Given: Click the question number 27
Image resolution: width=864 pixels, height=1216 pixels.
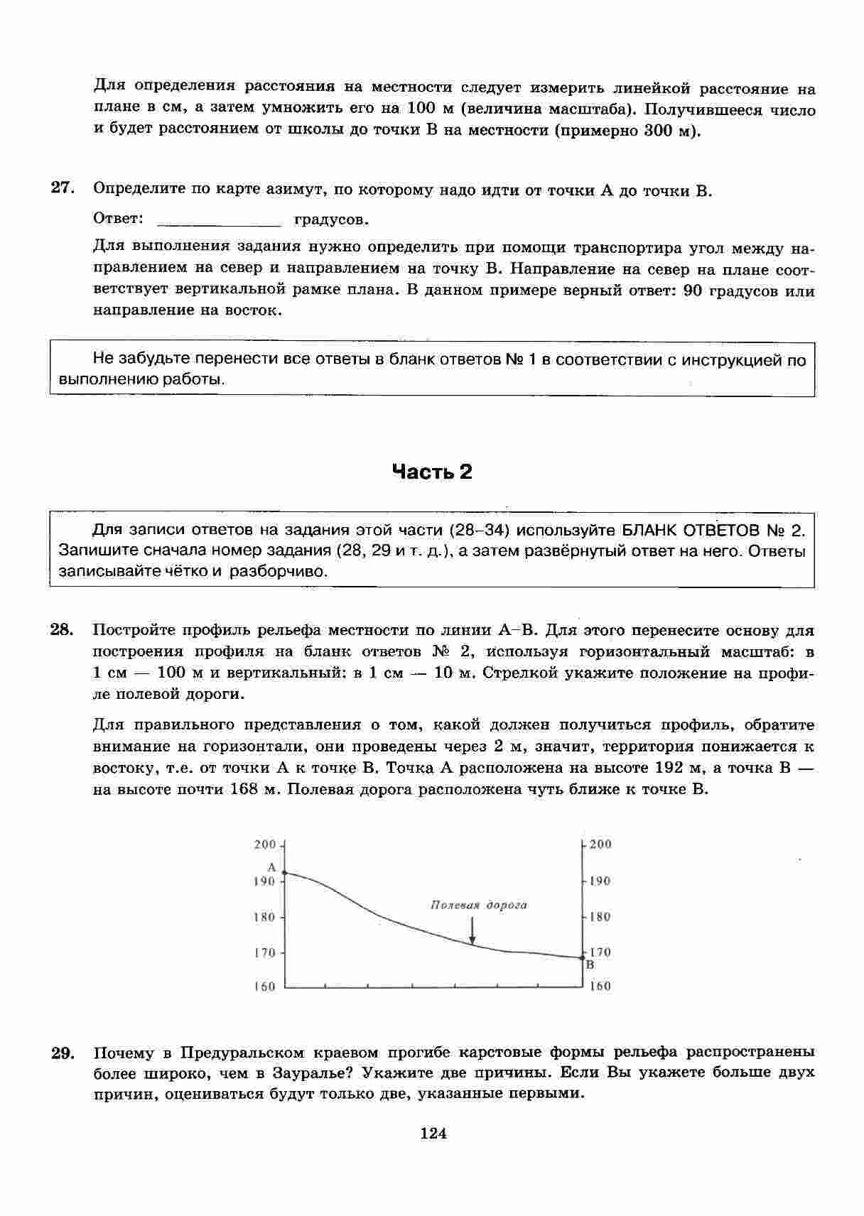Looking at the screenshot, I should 62,188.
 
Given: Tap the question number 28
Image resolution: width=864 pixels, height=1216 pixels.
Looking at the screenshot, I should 62,629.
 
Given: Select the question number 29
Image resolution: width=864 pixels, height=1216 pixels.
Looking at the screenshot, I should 63,1053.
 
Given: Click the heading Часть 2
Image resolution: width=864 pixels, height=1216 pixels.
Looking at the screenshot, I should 432,472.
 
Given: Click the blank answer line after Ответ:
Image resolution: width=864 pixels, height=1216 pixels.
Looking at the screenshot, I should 219,219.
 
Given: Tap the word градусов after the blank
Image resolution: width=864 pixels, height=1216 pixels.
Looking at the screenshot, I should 331,219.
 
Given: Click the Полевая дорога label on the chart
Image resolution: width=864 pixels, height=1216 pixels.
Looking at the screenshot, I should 479,905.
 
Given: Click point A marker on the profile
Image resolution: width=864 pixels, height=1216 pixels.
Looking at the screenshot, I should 284,873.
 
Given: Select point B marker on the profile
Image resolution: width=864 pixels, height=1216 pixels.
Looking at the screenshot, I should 583,957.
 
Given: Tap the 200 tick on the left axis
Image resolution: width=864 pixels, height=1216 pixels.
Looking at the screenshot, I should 283,845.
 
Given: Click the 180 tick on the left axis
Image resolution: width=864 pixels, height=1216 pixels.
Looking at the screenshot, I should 283,917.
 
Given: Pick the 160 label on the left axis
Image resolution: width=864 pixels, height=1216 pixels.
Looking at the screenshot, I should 265,987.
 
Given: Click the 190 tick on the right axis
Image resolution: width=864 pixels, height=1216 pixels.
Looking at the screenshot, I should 584,881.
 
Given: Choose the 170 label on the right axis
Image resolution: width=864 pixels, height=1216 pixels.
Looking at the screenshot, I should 600,952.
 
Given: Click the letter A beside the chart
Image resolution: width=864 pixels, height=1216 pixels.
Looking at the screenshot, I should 271,867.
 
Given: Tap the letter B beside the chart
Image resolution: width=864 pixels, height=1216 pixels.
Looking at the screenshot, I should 590,965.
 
